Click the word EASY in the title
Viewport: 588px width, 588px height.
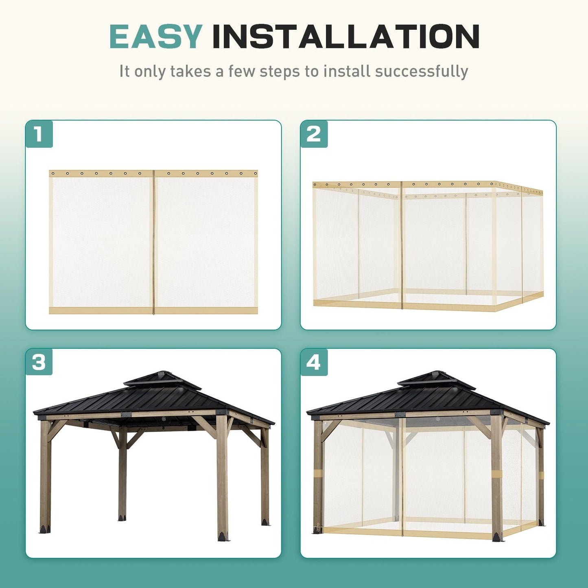[x=155, y=37]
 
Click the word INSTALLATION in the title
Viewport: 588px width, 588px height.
[x=346, y=37]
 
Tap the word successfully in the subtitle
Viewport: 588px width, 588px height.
[x=422, y=71]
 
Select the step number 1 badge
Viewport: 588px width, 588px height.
[x=39, y=134]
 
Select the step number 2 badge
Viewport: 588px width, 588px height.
[x=314, y=134]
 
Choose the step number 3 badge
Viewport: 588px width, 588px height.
[x=39, y=362]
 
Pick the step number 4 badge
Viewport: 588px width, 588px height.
[x=314, y=362]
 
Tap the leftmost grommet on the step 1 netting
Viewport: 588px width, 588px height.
[x=53, y=173]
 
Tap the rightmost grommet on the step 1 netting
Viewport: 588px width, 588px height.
[x=255, y=173]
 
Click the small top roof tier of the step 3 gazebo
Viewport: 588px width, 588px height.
[x=162, y=380]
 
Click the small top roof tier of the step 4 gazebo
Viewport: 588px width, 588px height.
[x=437, y=380]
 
